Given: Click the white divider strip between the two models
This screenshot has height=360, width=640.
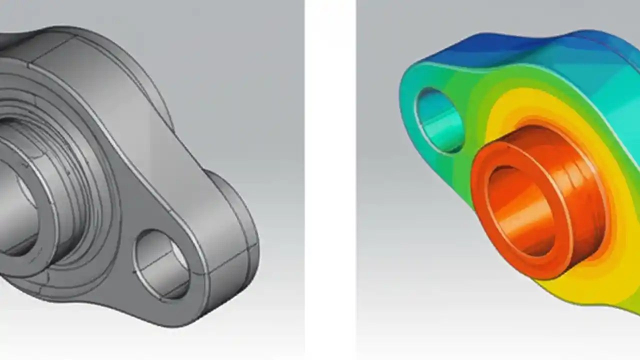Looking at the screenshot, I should [x=330, y=180].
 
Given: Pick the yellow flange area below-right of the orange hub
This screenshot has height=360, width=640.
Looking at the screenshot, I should [x=600, y=280].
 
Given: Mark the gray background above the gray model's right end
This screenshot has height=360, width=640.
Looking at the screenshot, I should [x=240, y=100].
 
